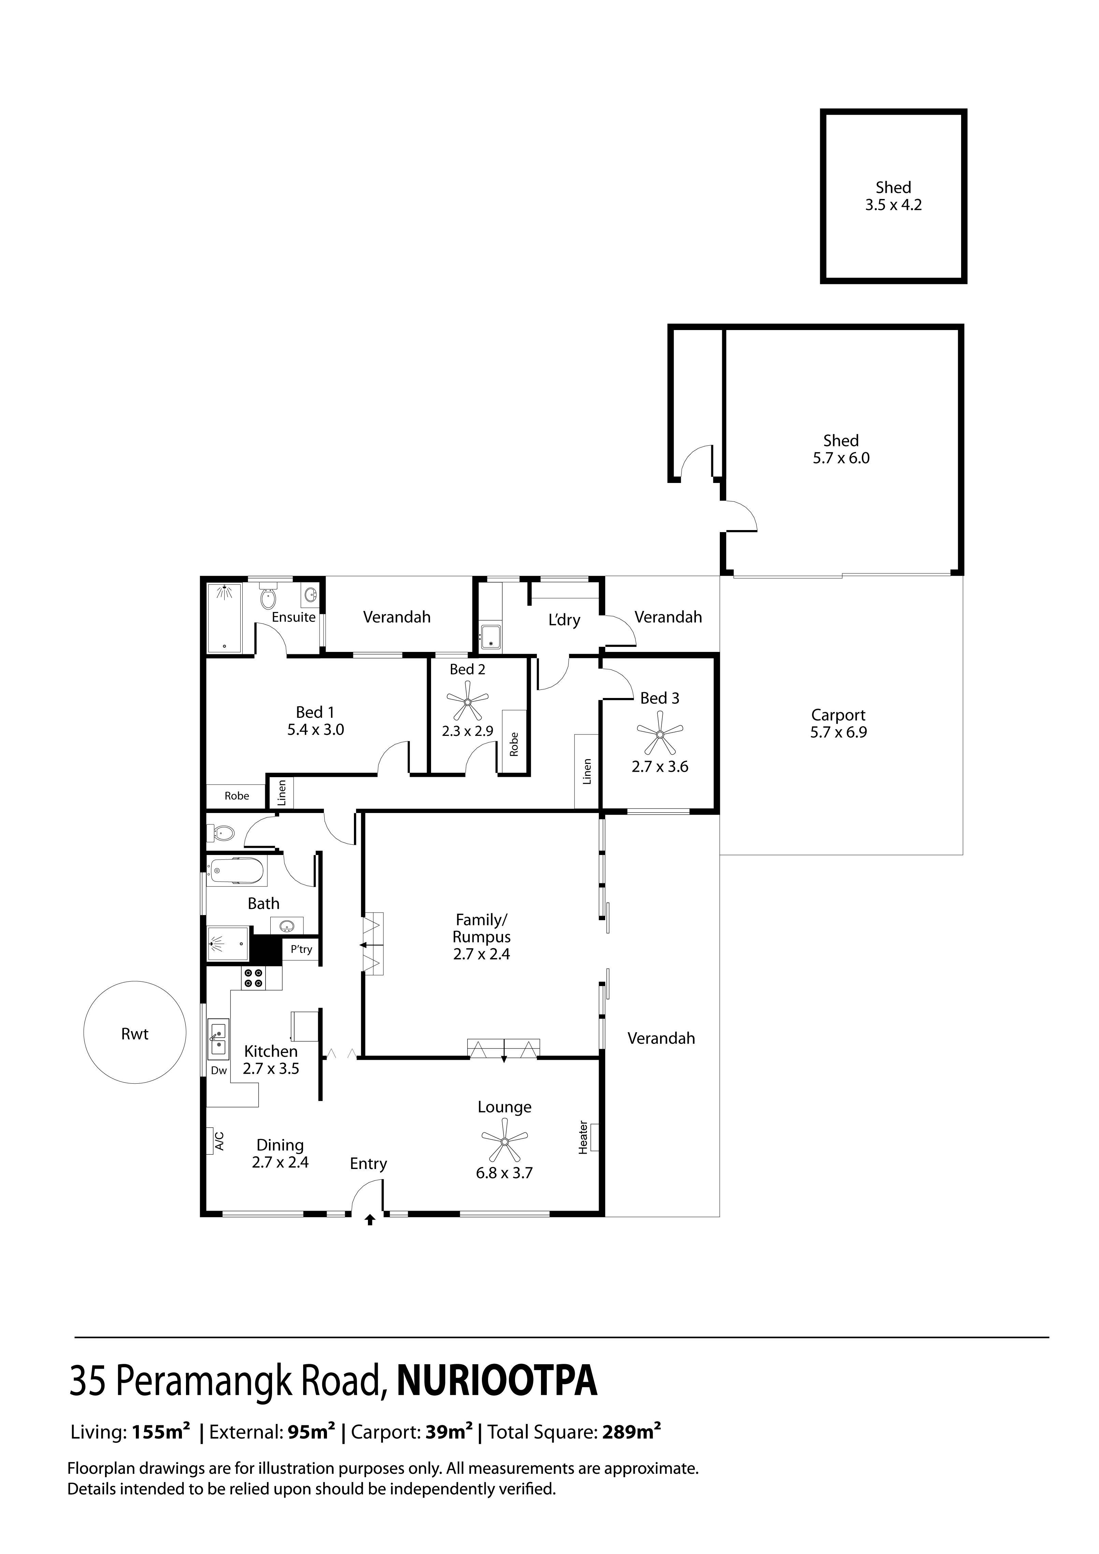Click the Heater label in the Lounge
[583, 1137]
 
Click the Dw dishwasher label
[218, 1071]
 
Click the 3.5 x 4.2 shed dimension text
[893, 205]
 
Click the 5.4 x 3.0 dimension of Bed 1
[315, 730]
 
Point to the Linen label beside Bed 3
[587, 772]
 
